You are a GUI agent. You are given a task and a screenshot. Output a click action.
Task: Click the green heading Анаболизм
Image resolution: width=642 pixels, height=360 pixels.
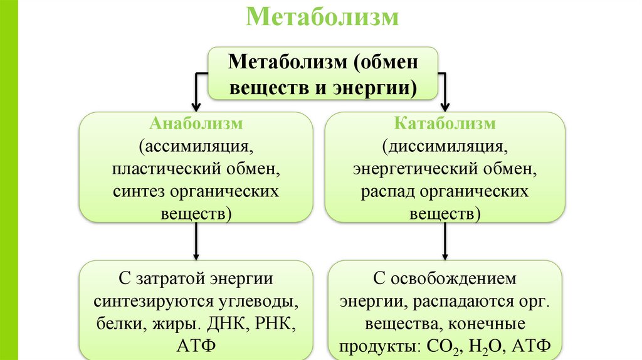point(196,124)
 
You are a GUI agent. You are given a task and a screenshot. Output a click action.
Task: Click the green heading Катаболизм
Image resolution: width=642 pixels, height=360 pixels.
point(445,124)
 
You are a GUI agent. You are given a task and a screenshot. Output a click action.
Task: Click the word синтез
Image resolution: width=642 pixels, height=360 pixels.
point(134,191)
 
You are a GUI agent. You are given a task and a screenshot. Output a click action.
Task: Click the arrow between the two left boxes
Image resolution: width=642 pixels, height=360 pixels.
point(197,241)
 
